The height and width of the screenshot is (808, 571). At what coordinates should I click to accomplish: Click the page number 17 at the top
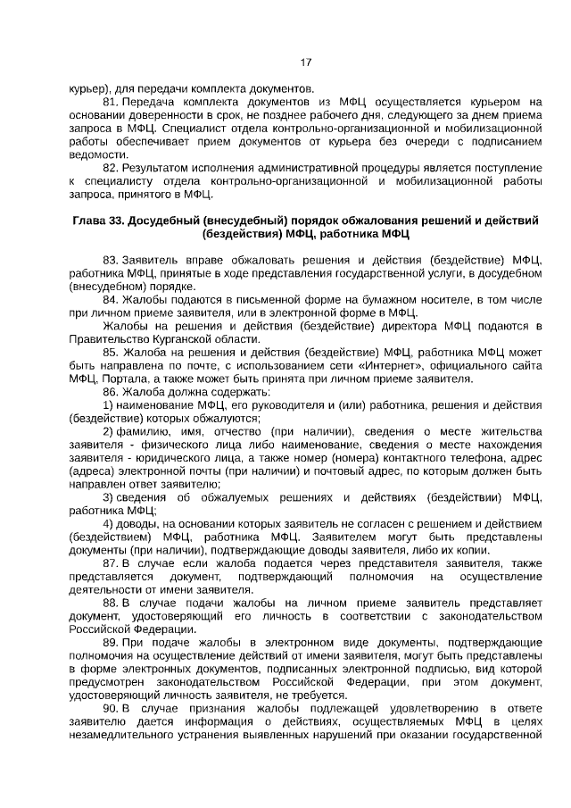click(x=306, y=62)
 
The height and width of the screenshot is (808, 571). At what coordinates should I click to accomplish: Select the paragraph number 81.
click(x=111, y=103)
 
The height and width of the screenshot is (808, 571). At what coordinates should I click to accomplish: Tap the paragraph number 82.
click(x=111, y=167)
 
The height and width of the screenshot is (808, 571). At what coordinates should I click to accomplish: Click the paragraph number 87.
click(x=111, y=563)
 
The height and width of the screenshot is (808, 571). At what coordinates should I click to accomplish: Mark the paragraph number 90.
click(x=111, y=708)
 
